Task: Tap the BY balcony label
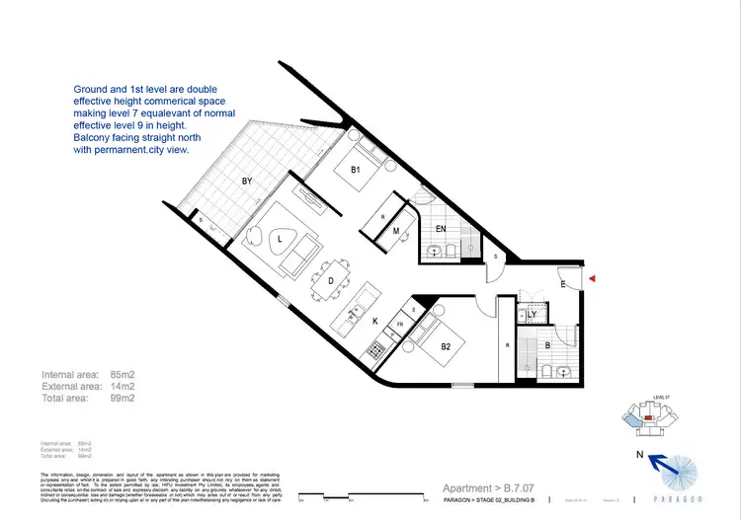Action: click(248, 182)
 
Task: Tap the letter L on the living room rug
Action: click(280, 240)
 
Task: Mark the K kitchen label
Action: click(374, 321)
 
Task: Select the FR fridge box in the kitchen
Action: click(400, 325)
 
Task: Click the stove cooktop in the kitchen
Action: click(375, 348)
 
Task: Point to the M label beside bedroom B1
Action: click(395, 231)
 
